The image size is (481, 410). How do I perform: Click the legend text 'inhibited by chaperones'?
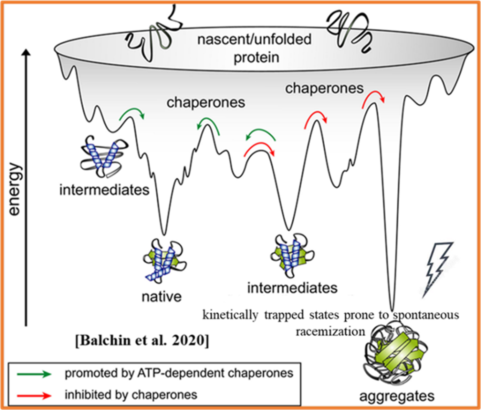[130, 394]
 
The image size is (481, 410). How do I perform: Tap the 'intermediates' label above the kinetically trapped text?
[292, 287]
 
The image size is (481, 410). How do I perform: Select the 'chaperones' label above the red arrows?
[324, 88]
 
